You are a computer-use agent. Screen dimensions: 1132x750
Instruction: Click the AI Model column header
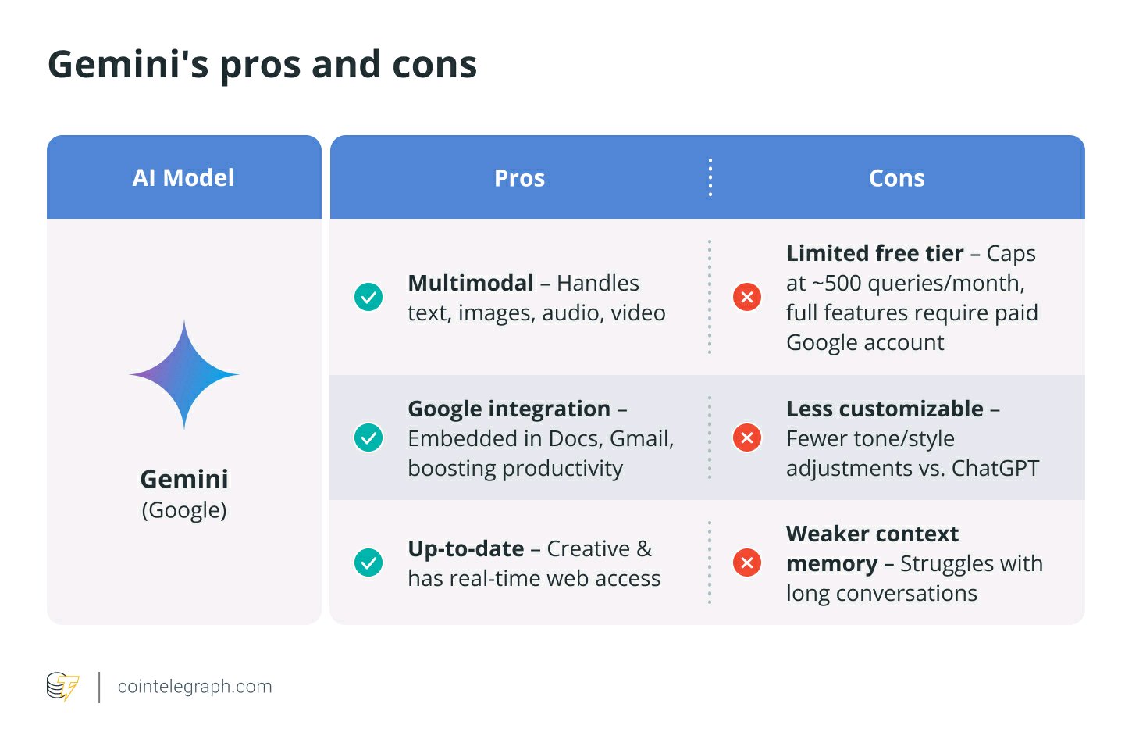click(x=183, y=178)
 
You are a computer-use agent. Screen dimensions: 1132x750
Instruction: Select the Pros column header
click(x=519, y=178)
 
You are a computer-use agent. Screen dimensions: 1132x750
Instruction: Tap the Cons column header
click(x=897, y=178)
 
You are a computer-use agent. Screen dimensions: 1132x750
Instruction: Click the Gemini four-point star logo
click(x=184, y=375)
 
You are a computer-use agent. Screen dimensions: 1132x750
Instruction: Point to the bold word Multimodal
click(x=471, y=283)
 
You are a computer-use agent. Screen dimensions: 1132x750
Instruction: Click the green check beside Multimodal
click(x=368, y=297)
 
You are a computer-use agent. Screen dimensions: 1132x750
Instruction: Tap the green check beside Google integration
click(x=368, y=437)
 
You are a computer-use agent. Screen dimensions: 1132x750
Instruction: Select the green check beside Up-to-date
click(x=368, y=562)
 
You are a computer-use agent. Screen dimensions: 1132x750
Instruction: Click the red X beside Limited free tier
click(x=747, y=297)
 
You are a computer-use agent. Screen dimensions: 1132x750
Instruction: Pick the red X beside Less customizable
click(x=747, y=437)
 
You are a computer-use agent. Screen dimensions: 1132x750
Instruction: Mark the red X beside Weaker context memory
click(x=747, y=562)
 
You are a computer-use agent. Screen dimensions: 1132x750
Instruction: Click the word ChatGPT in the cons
click(x=995, y=468)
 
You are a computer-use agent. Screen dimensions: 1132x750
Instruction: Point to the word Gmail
click(x=642, y=439)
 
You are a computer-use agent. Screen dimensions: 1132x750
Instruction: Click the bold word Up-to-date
click(x=466, y=549)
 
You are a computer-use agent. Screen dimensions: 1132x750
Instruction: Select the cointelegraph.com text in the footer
click(x=195, y=686)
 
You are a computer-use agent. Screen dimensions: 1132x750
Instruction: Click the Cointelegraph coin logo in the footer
click(x=62, y=686)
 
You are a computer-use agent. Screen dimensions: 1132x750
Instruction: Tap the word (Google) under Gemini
click(x=184, y=510)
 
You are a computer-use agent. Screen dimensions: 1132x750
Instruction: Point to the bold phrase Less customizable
click(x=885, y=409)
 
